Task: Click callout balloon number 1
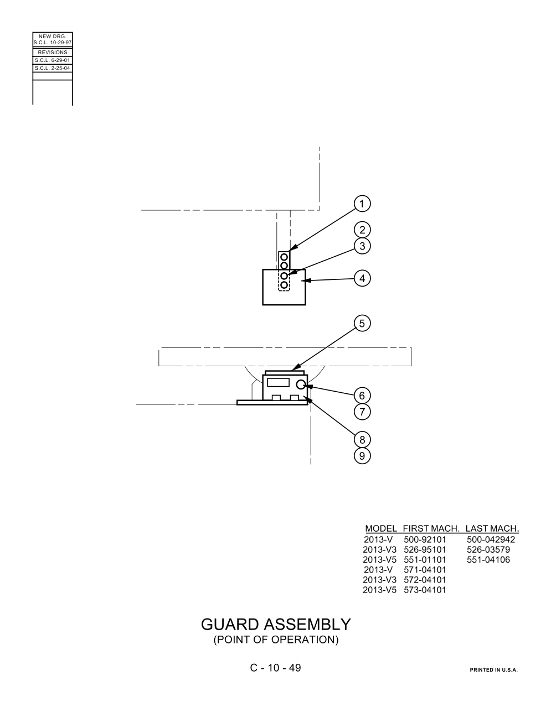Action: click(362, 204)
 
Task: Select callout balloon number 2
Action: click(362, 230)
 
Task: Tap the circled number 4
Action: click(362, 278)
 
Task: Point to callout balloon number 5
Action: click(362, 324)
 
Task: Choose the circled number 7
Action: click(362, 412)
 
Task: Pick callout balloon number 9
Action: click(362, 456)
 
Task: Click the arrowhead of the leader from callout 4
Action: click(305, 280)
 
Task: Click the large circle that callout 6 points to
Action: click(301, 384)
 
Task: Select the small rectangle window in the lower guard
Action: click(278, 382)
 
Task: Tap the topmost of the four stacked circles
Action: click(284, 257)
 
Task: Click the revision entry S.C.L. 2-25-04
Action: click(53, 68)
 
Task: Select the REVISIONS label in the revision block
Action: click(53, 53)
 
